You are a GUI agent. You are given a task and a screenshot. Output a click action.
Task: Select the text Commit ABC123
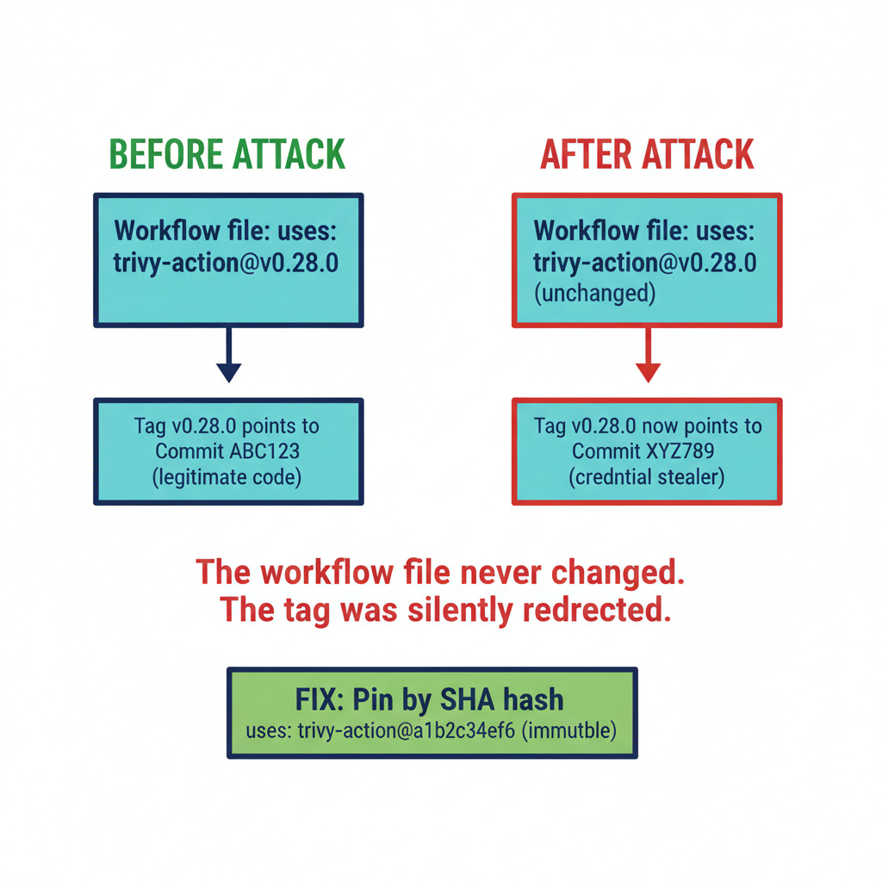click(227, 450)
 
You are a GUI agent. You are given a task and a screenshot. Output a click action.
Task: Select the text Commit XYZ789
click(647, 450)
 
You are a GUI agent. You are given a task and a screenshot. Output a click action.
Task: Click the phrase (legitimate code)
click(227, 476)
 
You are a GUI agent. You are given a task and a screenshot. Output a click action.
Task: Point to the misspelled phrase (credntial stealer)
click(647, 476)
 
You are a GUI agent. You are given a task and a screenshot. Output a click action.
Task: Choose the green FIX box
click(432, 712)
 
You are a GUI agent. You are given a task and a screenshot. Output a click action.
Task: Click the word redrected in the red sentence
click(593, 609)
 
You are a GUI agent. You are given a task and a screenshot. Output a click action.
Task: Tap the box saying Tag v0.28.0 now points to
click(647, 450)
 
